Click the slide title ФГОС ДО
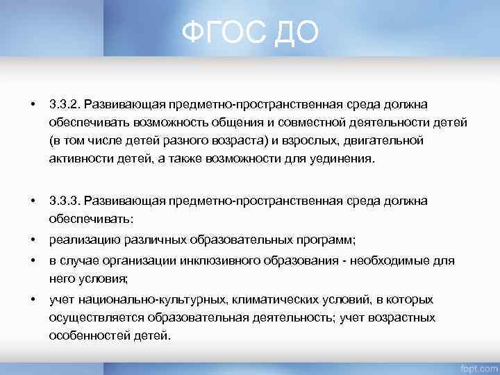point(250,32)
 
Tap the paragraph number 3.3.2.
point(65,104)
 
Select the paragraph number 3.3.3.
point(65,201)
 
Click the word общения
point(239,123)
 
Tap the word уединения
point(344,159)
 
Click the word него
point(60,279)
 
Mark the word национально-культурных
point(136,299)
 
